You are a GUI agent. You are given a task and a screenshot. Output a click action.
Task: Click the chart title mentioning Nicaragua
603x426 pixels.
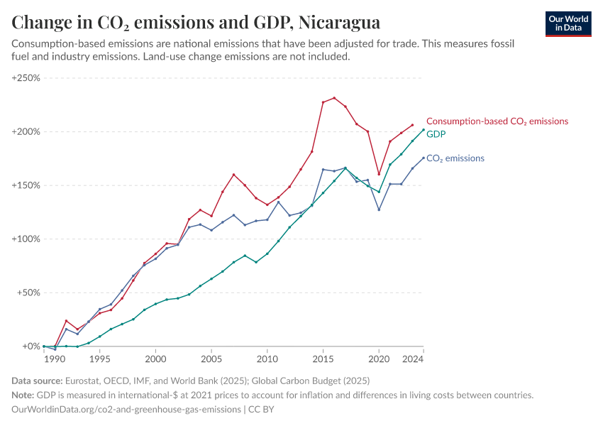click(196, 23)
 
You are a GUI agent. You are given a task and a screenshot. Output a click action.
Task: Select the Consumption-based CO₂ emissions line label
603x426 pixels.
click(497, 121)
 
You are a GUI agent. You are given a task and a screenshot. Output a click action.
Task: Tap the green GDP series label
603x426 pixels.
click(436, 133)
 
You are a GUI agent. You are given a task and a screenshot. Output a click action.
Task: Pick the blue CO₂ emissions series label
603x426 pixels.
click(455, 158)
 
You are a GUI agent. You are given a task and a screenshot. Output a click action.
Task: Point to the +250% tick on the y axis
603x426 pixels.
click(26, 77)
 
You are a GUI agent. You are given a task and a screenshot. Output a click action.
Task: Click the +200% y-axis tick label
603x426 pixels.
click(26, 131)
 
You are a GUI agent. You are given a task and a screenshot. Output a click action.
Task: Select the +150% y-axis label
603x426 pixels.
click(26, 185)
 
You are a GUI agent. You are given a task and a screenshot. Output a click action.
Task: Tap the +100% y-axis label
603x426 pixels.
click(26, 239)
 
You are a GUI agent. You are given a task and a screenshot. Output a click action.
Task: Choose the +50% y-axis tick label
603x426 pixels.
click(28, 293)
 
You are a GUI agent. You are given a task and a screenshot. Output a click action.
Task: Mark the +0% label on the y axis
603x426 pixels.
click(31, 346)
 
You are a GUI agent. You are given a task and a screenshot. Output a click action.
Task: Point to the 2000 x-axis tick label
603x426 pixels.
click(155, 360)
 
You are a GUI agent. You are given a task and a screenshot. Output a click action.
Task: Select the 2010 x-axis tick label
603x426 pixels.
click(267, 360)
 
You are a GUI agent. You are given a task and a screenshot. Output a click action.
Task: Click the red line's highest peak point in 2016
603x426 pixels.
click(334, 98)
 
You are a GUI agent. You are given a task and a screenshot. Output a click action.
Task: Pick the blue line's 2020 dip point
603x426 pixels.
click(379, 209)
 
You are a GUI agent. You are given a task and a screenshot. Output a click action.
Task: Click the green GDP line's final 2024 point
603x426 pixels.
click(424, 129)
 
